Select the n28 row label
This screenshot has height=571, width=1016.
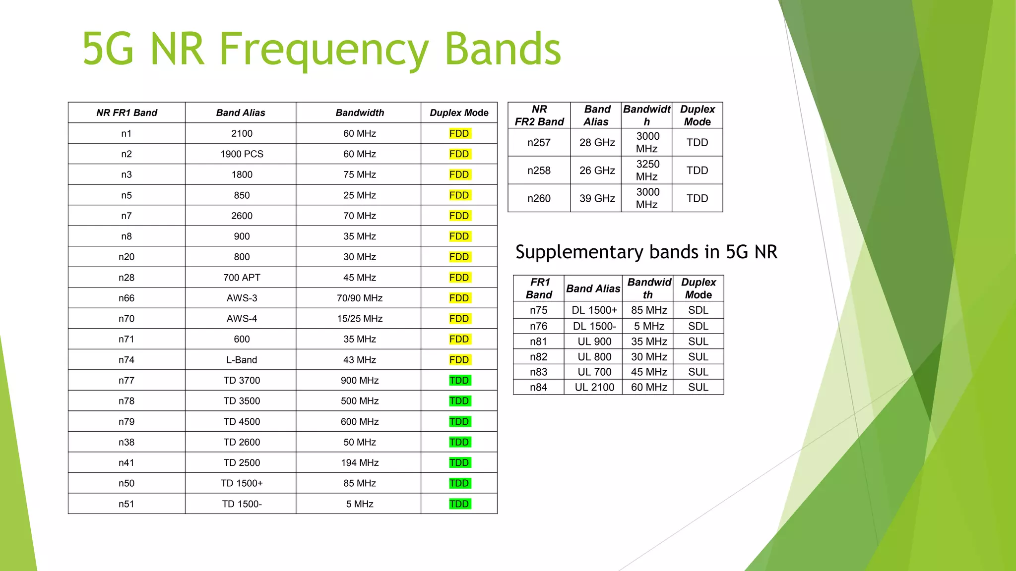click(127, 278)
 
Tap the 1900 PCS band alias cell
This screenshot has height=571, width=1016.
click(242, 154)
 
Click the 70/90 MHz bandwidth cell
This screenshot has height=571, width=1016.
click(360, 298)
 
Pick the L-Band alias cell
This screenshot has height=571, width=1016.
click(242, 360)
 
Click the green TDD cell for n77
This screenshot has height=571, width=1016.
click(459, 380)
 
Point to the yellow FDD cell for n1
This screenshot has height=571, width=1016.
click(459, 133)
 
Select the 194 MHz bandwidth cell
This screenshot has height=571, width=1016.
click(360, 462)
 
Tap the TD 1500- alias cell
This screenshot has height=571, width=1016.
click(242, 504)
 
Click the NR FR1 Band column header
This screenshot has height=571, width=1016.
click(127, 113)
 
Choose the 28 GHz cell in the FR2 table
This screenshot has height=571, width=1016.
click(597, 143)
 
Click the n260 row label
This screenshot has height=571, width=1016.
click(539, 198)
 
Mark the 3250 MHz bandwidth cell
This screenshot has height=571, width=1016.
click(647, 170)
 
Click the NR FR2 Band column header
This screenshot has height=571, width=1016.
click(539, 115)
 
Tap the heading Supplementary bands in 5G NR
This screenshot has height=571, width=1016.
click(646, 252)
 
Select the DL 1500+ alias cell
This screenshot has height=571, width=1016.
click(594, 310)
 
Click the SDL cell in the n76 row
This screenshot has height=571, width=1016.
click(698, 326)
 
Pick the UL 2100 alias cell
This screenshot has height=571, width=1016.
click(594, 387)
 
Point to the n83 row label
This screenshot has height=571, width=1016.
click(538, 372)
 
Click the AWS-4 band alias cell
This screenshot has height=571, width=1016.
click(242, 319)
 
